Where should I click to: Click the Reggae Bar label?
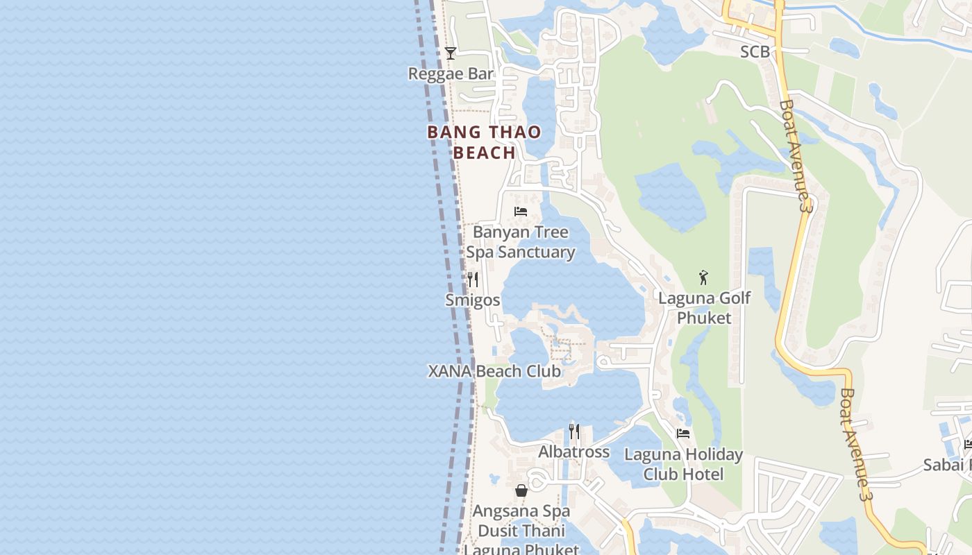451,74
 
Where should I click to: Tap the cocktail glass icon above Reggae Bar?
451,53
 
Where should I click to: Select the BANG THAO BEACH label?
484,142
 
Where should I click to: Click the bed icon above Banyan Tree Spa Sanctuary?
521,212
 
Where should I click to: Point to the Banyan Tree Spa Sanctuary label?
521,242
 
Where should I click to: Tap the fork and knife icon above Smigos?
473,279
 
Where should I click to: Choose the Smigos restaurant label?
473,300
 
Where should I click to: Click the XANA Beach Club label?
494,371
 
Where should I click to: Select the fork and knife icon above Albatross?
574,432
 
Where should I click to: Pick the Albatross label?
574,452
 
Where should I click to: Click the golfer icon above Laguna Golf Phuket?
703,278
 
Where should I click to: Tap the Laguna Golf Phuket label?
704,308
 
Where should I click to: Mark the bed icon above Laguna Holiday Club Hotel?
683,434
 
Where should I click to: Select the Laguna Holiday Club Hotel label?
683,464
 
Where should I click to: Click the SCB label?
755,52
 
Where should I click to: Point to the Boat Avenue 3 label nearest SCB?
796,156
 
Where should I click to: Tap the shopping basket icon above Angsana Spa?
521,491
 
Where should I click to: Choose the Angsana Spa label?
521,511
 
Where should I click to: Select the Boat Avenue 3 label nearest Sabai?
855,444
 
